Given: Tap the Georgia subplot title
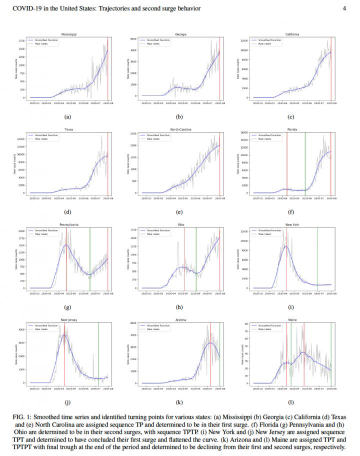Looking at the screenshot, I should coord(181,34).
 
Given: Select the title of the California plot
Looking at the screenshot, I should coord(293,34).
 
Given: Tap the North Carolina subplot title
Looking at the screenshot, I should coord(181,129).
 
